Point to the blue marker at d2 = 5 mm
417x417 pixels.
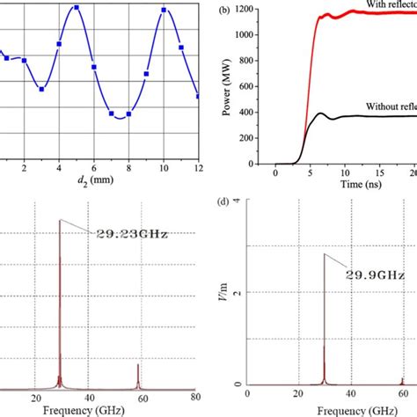[x=77, y=8]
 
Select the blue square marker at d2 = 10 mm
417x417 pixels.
[x=164, y=11]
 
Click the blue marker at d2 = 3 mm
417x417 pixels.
[x=41, y=89]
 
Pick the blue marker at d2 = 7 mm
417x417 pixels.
[x=111, y=113]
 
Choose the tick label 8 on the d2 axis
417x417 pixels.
[x=129, y=167]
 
